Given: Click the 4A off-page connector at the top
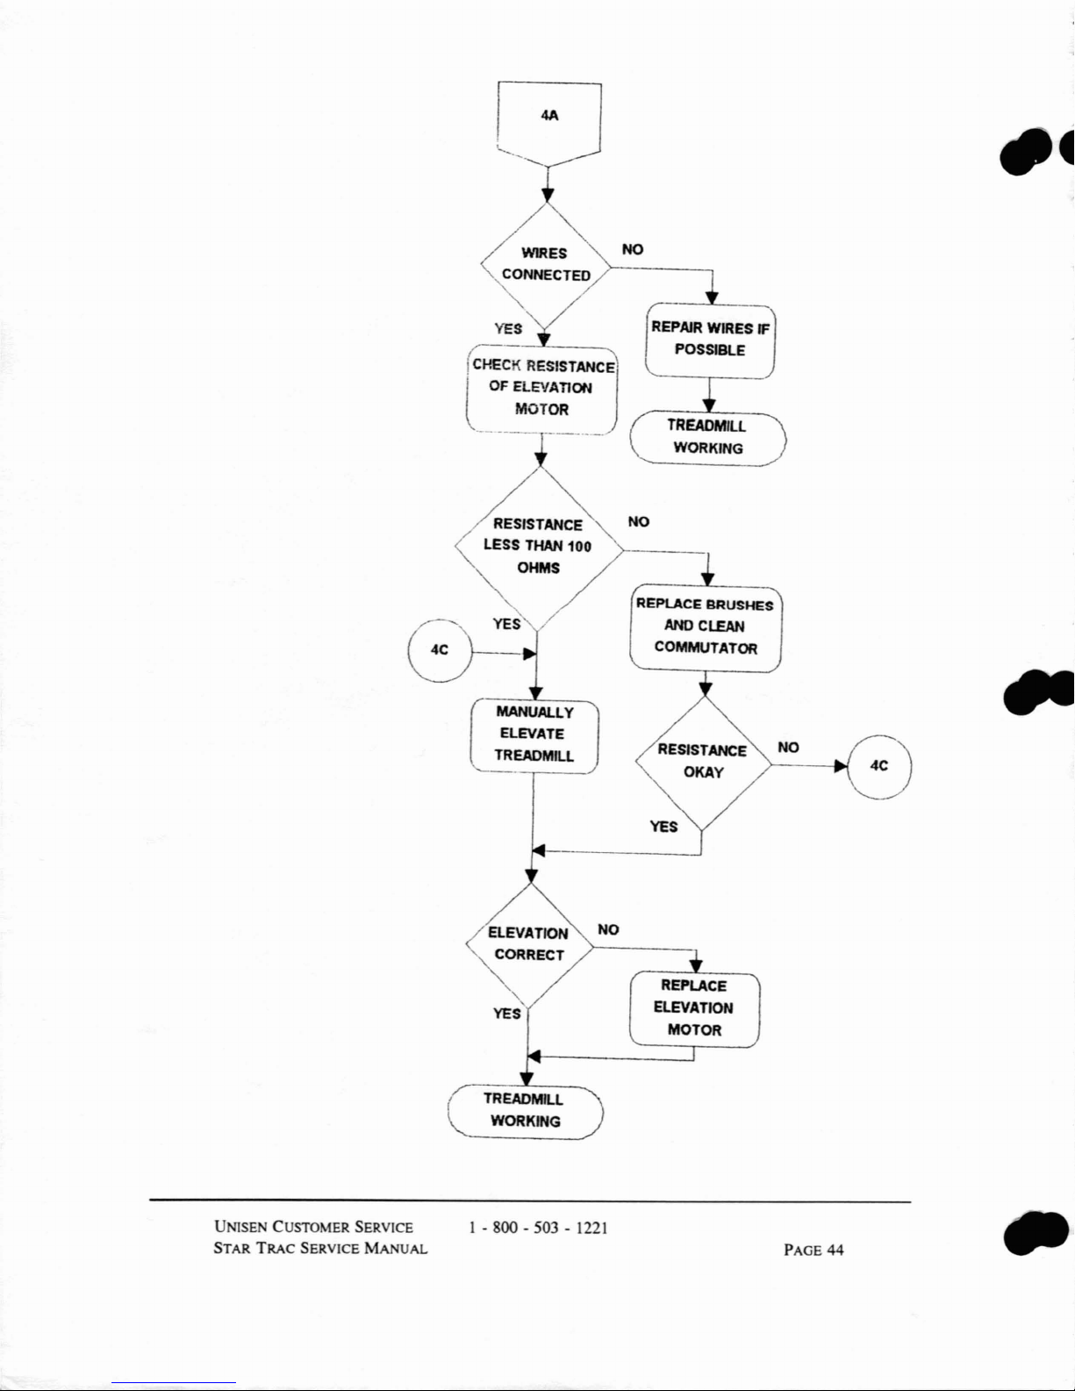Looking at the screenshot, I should click(x=548, y=118).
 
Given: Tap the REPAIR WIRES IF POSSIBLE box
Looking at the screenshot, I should click(x=710, y=340).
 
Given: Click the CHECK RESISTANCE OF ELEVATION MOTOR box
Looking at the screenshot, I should click(x=541, y=388).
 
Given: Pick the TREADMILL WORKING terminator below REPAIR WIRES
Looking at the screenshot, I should click(x=707, y=437).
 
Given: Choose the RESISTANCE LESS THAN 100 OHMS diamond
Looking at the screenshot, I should click(x=539, y=547).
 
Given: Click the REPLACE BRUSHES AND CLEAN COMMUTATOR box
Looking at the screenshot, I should click(x=706, y=627).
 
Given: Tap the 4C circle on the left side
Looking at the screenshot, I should click(x=441, y=650).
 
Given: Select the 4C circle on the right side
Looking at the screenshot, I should click(x=879, y=765).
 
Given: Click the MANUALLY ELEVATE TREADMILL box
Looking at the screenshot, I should click(x=534, y=735).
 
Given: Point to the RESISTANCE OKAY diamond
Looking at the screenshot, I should click(x=703, y=762).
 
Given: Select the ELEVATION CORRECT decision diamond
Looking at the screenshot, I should click(x=529, y=944).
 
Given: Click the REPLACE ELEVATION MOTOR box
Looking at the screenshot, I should click(x=694, y=1008).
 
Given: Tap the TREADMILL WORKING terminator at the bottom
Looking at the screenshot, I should click(x=526, y=1110).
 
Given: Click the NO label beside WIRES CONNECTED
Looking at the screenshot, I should click(x=632, y=250).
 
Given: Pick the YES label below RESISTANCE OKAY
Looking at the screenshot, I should click(x=663, y=827).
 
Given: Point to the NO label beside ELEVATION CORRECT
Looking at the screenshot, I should click(x=607, y=929).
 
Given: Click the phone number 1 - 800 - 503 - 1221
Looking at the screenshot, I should click(x=539, y=1228).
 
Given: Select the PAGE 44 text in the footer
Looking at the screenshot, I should click(x=813, y=1250).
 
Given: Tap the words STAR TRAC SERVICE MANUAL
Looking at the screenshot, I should click(x=320, y=1249).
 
